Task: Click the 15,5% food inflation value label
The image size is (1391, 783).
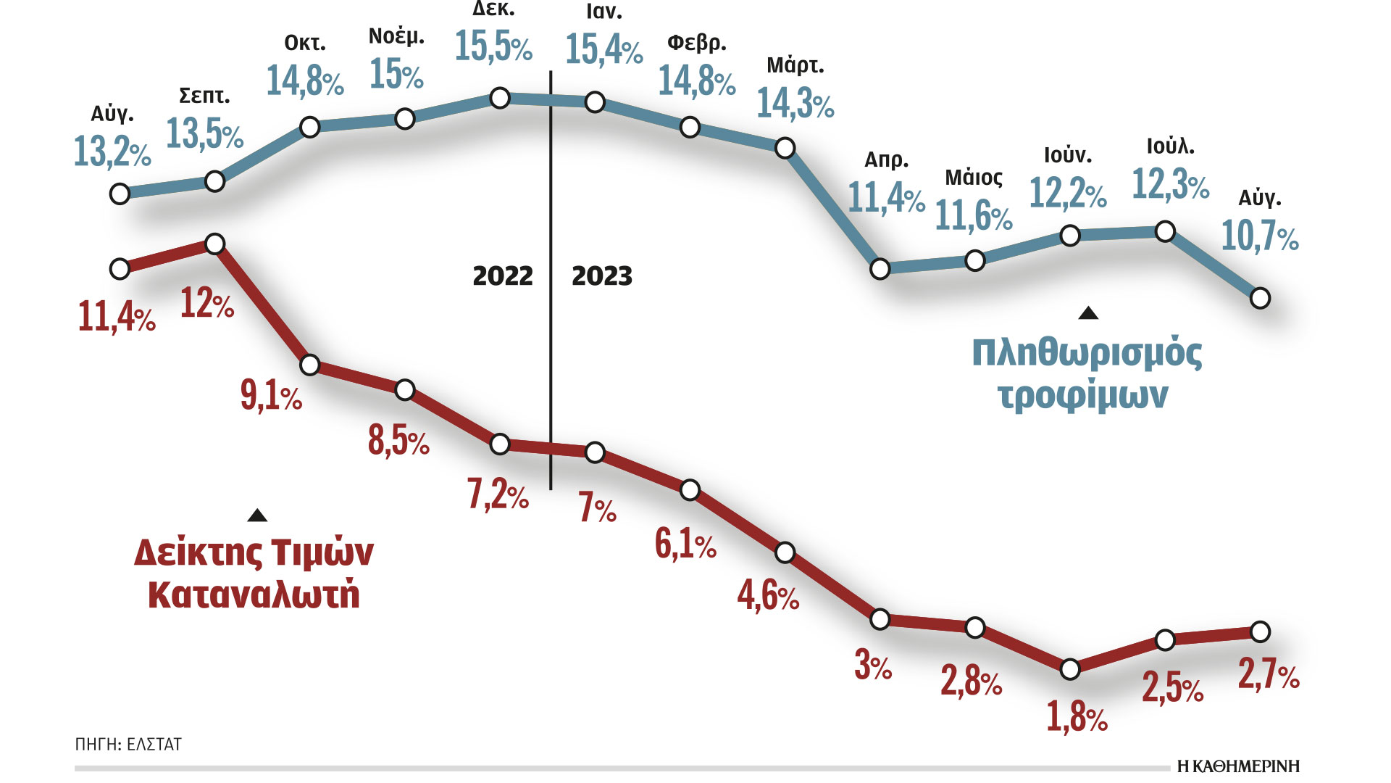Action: point(493,46)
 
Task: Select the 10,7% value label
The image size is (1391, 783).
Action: point(1260,236)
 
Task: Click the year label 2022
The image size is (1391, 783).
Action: point(502,276)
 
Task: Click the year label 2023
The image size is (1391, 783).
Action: point(601,276)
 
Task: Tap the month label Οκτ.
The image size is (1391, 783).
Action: point(305,43)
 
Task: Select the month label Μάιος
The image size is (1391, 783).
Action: point(974,178)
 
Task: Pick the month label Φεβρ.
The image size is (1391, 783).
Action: point(696,43)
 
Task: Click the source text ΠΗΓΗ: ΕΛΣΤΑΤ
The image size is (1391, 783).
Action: point(128,745)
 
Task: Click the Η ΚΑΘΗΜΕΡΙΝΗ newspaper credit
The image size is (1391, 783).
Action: point(1238,766)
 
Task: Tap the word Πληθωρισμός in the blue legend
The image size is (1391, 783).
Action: point(1086,353)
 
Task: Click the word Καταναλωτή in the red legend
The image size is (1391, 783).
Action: point(254,594)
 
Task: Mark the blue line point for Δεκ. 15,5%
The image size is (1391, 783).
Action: point(500,98)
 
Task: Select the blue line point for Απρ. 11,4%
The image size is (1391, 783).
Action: point(880,269)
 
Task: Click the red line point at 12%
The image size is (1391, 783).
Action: point(214,244)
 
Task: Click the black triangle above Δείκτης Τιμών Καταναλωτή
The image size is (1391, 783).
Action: point(257,515)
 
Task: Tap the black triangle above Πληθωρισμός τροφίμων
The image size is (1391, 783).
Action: point(1088,313)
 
